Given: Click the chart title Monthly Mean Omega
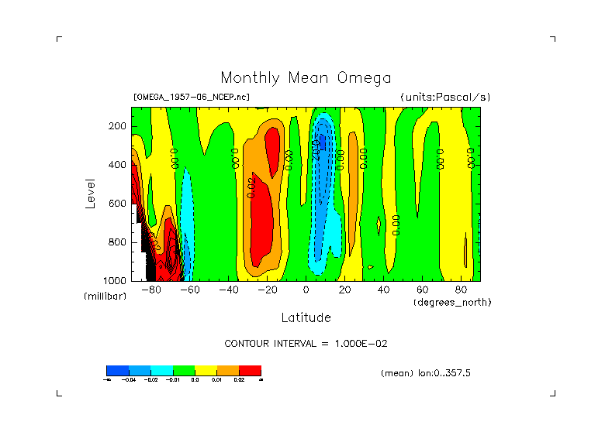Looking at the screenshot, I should coord(306,77).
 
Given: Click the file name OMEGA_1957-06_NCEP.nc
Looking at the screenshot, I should coord(192,98).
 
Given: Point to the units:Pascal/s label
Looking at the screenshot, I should coord(445,98).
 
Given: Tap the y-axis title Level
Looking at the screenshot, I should coord(91,193).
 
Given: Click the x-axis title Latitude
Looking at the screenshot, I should coord(306,317).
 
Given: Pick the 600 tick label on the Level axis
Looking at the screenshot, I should coord(118,204).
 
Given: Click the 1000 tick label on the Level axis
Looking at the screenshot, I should coord(116,280).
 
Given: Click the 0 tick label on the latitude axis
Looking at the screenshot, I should coord(306,290).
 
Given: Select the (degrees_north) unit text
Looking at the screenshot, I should coord(452,302).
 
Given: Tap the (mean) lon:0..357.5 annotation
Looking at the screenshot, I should coord(426,373).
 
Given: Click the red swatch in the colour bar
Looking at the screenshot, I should coord(250,370).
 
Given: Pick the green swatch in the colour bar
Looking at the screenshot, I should coord(183,370).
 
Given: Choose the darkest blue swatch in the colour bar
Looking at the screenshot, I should coord(117,370).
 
